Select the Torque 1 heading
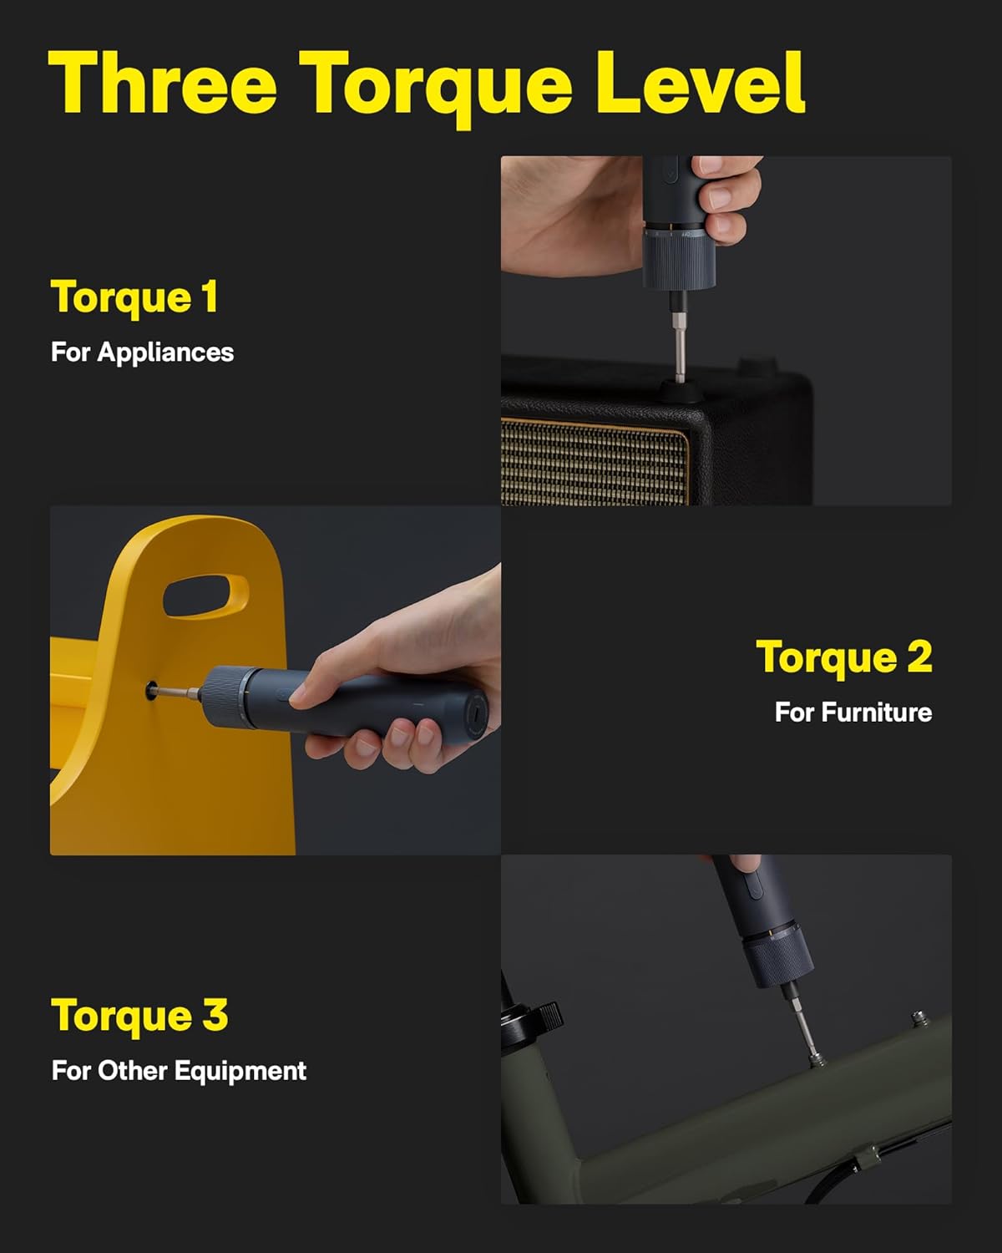[134, 297]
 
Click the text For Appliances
[142, 352]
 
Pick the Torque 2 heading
[843, 657]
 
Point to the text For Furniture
[853, 712]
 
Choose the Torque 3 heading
[139, 1016]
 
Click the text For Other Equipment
[179, 1071]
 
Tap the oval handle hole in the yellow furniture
[205, 596]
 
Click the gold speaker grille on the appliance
[595, 461]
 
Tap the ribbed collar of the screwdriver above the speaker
[677, 261]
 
